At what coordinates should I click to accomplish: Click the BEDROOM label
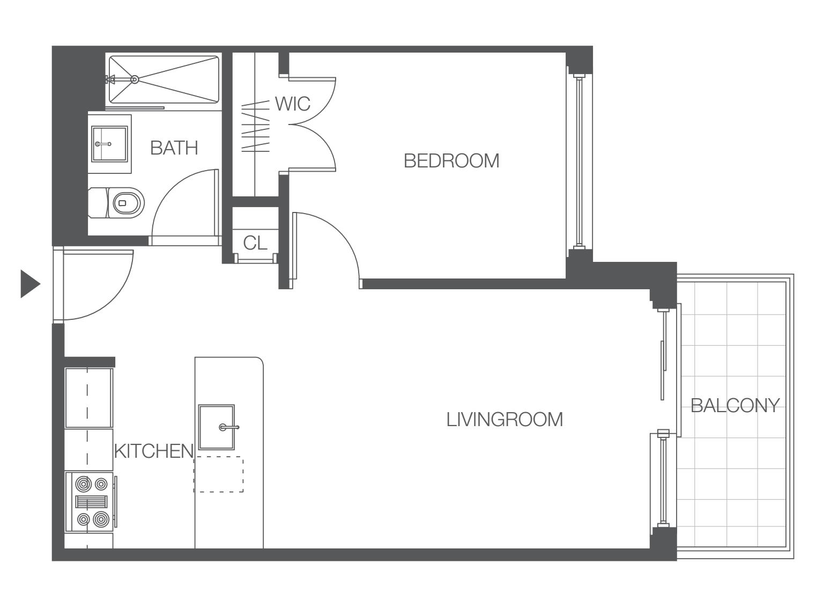point(451,161)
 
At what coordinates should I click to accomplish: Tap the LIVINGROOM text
point(505,420)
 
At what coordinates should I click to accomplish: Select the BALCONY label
point(735,406)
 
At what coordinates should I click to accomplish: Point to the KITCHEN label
point(154,451)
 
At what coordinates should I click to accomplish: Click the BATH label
point(174,148)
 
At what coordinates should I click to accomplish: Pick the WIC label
point(293,104)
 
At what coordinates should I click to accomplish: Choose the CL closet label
point(255,243)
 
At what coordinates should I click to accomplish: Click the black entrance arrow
point(30,284)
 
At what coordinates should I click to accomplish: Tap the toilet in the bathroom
point(116,203)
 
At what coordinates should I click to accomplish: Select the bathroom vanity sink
point(109,144)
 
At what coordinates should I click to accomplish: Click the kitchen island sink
point(217,427)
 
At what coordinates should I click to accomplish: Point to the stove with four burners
point(91,501)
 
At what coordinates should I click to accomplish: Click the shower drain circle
point(135,79)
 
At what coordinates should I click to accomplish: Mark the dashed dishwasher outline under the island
point(219,474)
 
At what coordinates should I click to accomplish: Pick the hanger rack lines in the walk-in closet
point(255,126)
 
